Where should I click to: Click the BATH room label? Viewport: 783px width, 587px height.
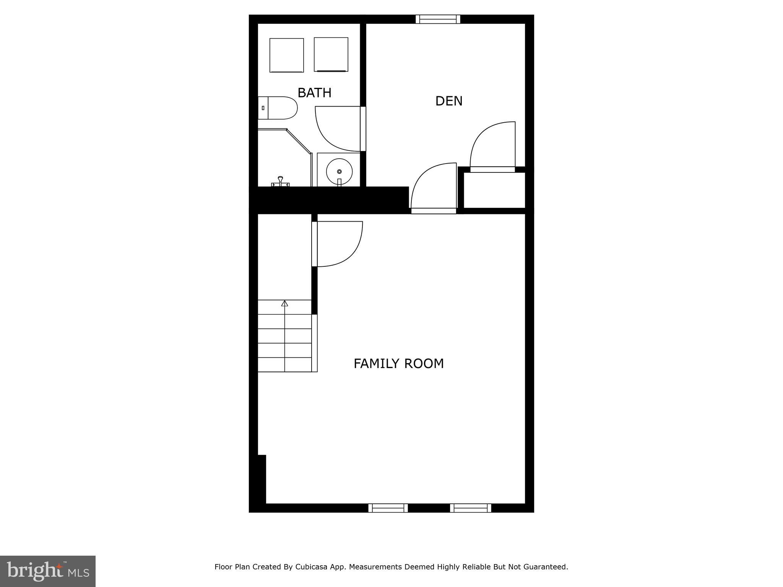point(314,93)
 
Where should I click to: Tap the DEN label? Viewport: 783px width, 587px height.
point(449,101)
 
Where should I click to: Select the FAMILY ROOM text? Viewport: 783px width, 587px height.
point(398,363)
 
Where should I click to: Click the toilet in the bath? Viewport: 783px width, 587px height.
point(278,108)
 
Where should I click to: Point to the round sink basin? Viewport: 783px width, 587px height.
point(339,172)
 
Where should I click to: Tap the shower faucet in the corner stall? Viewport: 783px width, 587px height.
point(280,181)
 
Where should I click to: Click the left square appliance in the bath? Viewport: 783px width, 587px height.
point(286,55)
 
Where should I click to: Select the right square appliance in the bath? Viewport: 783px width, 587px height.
point(331,54)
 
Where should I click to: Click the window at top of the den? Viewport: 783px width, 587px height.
point(438,19)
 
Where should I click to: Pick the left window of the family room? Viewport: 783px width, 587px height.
point(388,508)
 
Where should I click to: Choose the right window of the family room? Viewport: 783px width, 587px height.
point(470,508)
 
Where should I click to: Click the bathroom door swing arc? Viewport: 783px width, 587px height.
point(336,130)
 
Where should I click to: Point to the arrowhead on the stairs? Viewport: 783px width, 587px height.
point(284,303)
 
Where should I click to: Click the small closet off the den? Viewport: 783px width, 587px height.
point(494,190)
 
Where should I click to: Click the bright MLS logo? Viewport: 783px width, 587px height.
point(48,571)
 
